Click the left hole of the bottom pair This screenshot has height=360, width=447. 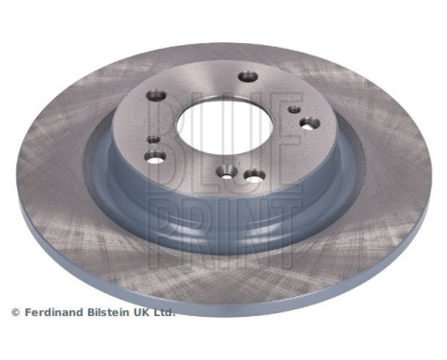(x=226, y=171)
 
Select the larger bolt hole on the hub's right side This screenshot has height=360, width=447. (x=308, y=123)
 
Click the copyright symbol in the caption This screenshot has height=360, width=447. (x=15, y=312)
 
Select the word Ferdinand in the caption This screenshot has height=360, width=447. (x=54, y=312)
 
